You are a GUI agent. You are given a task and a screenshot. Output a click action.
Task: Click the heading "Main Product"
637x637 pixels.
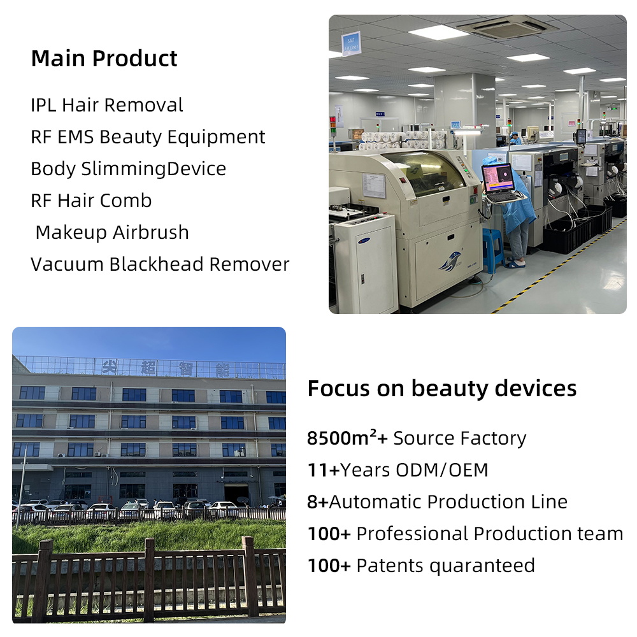[104, 59]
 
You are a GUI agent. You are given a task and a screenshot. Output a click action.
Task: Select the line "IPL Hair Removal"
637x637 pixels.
[106, 105]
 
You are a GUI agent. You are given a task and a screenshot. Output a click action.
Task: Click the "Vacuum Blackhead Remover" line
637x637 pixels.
[160, 264]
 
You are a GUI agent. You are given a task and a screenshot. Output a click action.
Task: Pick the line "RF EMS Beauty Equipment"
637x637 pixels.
[148, 137]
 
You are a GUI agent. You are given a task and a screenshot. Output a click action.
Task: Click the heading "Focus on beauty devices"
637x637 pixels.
[442, 389]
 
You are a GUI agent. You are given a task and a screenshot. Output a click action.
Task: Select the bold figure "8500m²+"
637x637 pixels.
[347, 438]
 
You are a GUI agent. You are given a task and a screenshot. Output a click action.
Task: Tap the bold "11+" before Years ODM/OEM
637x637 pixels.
[323, 470]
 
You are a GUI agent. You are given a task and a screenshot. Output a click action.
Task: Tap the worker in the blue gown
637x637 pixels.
[517, 210]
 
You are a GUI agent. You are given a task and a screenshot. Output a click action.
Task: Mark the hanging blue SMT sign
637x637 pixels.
[351, 43]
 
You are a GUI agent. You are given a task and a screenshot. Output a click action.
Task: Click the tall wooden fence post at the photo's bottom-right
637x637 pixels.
[248, 577]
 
